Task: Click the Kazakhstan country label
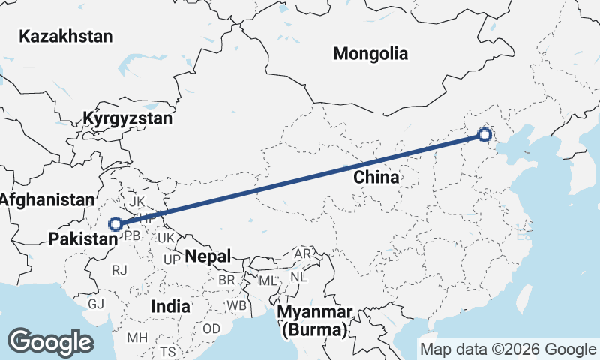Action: coord(66,36)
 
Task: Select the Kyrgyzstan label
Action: coord(127,118)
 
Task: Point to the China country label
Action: coord(376,178)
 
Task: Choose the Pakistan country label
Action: coord(82,239)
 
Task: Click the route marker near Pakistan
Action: coord(115,223)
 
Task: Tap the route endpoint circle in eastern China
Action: coord(484,136)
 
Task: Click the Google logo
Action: coord(50,342)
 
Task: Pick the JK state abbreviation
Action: coord(136,202)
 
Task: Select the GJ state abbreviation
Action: coord(96,304)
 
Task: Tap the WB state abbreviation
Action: coord(237,306)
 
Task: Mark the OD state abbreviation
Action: coord(211,328)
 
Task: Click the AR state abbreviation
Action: coord(302,253)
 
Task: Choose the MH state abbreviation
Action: coord(136,337)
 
